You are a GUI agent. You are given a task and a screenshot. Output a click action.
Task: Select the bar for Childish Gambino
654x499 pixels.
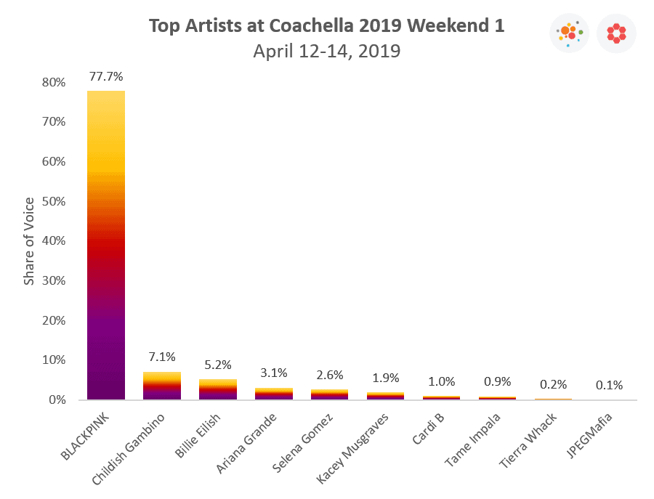pyautogui.click(x=161, y=386)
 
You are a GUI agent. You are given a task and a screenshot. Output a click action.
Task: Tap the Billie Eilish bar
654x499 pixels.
pyautogui.click(x=217, y=389)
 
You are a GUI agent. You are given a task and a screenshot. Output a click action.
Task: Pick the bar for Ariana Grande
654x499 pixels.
pyautogui.click(x=273, y=394)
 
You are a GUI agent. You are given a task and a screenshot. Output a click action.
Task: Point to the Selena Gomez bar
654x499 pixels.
pyautogui.click(x=329, y=394)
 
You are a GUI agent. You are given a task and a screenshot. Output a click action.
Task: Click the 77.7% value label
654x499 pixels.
pyautogui.click(x=106, y=76)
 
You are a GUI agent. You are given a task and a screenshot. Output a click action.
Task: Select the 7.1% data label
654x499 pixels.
pyautogui.click(x=162, y=357)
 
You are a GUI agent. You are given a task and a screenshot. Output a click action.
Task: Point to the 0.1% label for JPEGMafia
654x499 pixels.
pyautogui.click(x=610, y=385)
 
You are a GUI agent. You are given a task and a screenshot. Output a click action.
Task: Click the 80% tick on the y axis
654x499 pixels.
pyautogui.click(x=53, y=83)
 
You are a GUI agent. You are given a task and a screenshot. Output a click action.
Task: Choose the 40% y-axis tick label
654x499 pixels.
pyautogui.click(x=53, y=241)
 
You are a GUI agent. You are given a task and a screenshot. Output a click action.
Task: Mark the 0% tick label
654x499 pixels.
pyautogui.click(x=57, y=400)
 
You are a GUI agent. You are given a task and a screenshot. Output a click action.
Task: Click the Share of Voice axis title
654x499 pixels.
pyautogui.click(x=29, y=241)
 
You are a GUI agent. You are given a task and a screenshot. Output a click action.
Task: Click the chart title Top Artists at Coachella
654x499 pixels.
pyautogui.click(x=327, y=25)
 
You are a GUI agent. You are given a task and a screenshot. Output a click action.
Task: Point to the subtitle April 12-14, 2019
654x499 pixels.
pyautogui.click(x=327, y=52)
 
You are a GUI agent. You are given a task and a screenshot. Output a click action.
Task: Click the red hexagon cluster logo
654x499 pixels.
pyautogui.click(x=616, y=33)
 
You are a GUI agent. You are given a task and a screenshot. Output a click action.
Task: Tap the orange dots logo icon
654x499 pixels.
pyautogui.click(x=570, y=33)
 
